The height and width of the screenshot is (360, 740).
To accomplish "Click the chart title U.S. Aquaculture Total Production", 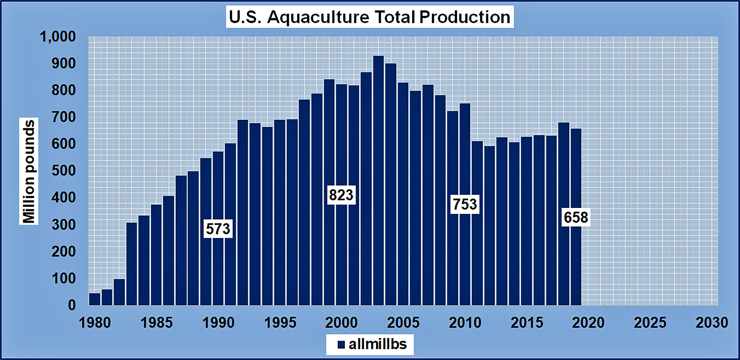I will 370,17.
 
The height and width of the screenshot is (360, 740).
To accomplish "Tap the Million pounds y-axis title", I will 29,171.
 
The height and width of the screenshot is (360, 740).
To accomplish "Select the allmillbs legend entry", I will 370,344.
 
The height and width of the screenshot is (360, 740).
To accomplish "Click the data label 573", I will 218,229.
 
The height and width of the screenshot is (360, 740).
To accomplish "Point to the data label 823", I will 341,195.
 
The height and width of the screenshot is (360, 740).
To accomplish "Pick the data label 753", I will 465,204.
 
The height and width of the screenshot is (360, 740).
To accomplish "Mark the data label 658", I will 576,217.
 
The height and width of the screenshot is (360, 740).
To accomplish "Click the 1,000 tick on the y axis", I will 58,37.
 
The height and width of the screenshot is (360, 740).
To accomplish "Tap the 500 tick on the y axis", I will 64,171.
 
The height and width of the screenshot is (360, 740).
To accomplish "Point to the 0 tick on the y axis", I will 72,305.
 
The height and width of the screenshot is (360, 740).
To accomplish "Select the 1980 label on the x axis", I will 95,323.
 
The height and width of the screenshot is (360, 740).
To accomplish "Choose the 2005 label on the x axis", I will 403,323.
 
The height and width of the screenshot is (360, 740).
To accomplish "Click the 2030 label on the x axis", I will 712,323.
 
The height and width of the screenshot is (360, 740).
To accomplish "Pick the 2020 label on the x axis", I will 588,323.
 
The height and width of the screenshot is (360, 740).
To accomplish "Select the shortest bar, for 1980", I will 95,299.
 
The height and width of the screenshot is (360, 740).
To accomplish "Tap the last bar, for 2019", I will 576,266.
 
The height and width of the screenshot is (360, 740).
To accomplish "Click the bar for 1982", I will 119,292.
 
